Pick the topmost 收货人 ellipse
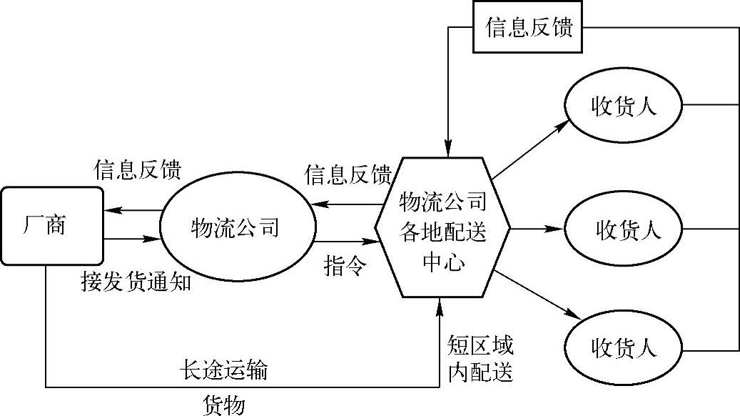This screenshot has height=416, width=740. coord(623,106)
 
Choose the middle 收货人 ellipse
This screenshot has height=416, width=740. coord(623,229)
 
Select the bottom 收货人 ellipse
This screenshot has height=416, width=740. coord(623,349)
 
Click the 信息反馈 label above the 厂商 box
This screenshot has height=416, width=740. coord(138,170)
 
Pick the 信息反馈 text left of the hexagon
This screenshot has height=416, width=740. coord(348,174)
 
